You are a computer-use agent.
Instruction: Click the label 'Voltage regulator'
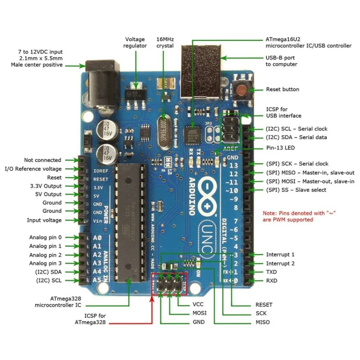(x=135, y=42)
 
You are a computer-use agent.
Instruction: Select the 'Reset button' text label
(x=282, y=90)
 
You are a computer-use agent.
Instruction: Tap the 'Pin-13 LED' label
(x=280, y=148)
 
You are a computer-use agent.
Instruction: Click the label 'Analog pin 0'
(x=45, y=237)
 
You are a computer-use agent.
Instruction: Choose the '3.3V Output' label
(x=46, y=186)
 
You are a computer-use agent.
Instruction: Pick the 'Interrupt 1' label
(x=280, y=255)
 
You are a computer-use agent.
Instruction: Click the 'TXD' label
(x=271, y=272)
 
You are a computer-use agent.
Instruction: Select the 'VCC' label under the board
(x=198, y=305)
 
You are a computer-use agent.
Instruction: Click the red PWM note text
(x=300, y=216)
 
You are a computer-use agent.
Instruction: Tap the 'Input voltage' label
(x=44, y=220)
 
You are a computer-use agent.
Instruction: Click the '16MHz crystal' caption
(x=165, y=42)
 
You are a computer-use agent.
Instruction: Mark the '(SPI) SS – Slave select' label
(x=296, y=190)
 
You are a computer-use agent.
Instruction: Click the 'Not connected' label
(x=43, y=160)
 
